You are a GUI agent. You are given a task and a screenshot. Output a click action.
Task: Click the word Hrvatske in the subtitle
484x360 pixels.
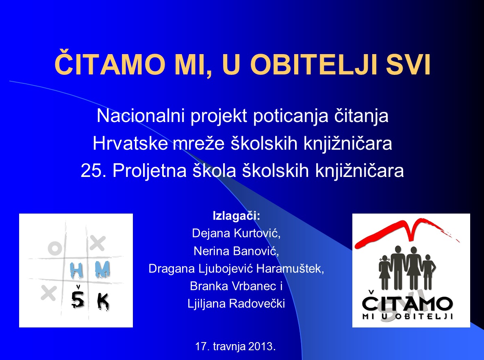[x=130, y=143]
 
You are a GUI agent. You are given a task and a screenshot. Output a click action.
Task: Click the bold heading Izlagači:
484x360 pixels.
[x=237, y=216]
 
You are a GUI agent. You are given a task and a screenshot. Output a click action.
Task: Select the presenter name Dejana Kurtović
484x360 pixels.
[x=236, y=233]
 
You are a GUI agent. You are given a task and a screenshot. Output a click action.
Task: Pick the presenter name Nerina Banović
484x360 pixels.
[x=236, y=251]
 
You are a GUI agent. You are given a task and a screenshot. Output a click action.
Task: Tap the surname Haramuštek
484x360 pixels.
[x=290, y=268]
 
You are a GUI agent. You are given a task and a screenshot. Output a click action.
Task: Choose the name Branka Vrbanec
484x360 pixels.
[x=233, y=286]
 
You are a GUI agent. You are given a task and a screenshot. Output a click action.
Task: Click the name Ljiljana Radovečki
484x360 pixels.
[x=236, y=304]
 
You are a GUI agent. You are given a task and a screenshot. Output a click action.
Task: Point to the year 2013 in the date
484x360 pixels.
[x=261, y=346]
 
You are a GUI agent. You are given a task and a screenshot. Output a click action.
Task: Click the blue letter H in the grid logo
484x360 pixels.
[x=76, y=270]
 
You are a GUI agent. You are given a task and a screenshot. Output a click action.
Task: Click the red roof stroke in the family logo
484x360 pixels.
[x=407, y=231]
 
